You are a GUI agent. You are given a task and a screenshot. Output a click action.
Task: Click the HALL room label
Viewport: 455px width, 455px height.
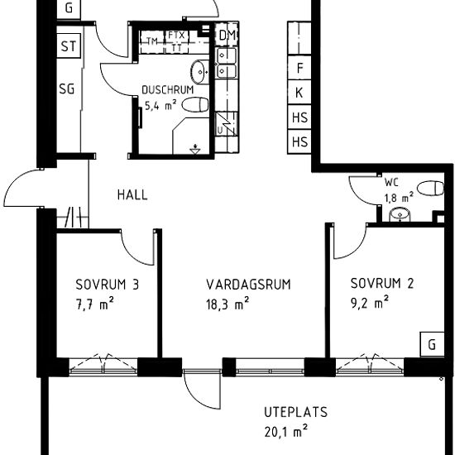[132, 195]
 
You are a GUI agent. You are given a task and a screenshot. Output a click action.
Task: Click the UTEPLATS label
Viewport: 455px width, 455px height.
[296, 411]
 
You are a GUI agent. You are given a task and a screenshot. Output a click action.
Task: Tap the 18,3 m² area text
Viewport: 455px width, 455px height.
[228, 304]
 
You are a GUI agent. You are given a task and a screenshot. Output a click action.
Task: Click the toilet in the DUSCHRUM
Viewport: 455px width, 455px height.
[195, 105]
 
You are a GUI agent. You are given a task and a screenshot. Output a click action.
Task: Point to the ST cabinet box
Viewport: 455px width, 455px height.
[68, 46]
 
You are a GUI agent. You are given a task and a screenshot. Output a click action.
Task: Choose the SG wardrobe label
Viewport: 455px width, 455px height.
[67, 89]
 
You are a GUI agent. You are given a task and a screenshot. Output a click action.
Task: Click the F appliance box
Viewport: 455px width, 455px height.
[299, 69]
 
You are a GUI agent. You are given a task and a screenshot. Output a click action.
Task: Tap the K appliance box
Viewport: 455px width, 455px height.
[299, 93]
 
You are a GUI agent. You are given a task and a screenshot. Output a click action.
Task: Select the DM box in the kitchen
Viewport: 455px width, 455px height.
[227, 35]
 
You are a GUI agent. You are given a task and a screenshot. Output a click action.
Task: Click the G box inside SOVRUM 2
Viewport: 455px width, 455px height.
[431, 344]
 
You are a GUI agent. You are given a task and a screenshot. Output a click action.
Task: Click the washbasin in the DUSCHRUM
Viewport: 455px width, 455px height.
[199, 69]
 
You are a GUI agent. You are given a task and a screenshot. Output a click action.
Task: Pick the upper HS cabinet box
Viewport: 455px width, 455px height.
[299, 117]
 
